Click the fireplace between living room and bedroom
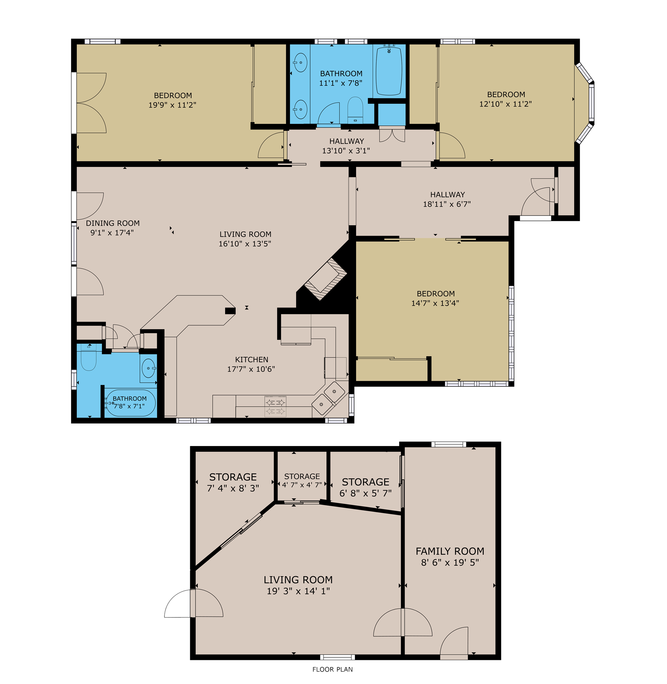325,279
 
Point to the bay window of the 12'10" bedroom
585,103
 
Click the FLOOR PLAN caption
332,669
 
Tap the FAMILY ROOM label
450,551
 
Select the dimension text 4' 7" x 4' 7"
302,485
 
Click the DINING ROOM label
113,223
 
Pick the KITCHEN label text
251,359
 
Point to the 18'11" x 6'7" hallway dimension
447,204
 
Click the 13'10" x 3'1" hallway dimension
346,151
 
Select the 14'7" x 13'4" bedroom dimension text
435,303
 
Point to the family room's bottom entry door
454,641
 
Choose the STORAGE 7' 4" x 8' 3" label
233,482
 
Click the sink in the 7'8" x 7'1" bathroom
149,368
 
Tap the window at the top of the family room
449,445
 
